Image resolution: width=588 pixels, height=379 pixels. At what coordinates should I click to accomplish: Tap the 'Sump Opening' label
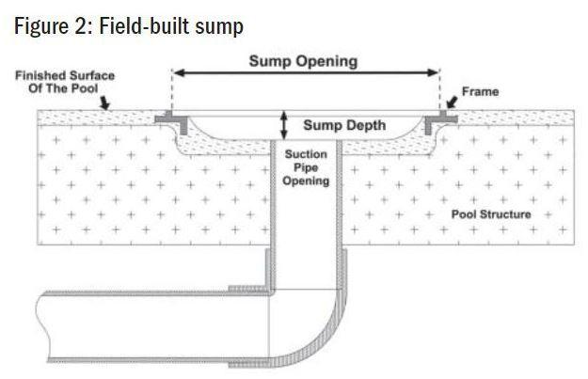coord(303,61)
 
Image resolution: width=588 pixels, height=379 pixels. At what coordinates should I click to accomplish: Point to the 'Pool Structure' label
coord(490,214)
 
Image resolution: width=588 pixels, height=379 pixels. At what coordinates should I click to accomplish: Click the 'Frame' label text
coord(481,92)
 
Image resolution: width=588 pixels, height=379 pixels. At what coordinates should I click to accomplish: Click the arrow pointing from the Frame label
coord(448,101)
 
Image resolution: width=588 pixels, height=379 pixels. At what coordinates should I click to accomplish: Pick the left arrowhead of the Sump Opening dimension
coord(179,73)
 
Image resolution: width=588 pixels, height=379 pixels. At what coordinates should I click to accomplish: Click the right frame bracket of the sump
coord(437,119)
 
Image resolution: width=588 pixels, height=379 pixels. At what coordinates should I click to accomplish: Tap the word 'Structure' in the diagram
coord(506,214)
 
